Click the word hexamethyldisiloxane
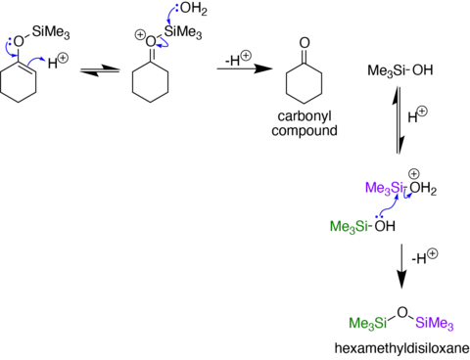[x=402, y=348]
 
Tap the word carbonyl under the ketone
[x=305, y=116]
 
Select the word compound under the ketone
[x=305, y=130]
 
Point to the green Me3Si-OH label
[x=362, y=226]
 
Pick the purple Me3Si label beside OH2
[x=384, y=188]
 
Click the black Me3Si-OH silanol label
[x=400, y=70]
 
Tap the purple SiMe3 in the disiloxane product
[x=435, y=323]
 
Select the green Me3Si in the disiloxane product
[x=368, y=323]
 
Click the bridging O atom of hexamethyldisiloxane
[x=402, y=312]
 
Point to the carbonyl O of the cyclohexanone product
[x=305, y=43]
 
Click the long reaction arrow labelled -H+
[x=245, y=68]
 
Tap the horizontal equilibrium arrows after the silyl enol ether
[x=100, y=70]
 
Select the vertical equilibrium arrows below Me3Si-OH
[x=399, y=120]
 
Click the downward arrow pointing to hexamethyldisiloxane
[x=401, y=266]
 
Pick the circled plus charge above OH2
[x=414, y=174]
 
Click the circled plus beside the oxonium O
[x=140, y=34]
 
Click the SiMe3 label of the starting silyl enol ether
[x=51, y=32]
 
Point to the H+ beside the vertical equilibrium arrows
[x=417, y=114]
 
